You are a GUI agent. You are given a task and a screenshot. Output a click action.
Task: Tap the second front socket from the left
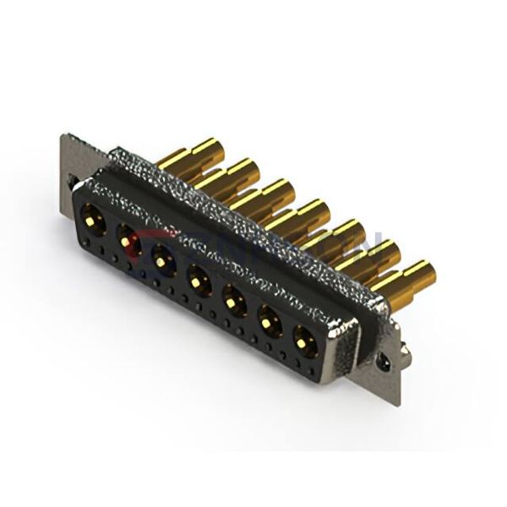coord(128,242)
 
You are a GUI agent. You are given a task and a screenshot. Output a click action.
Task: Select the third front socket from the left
coord(162,259)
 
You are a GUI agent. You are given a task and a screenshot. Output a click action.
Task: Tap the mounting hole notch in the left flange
coord(74,182)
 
